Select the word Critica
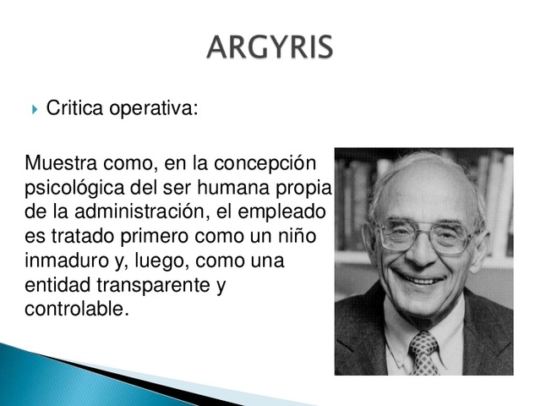coord(75,108)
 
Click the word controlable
coord(76,309)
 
